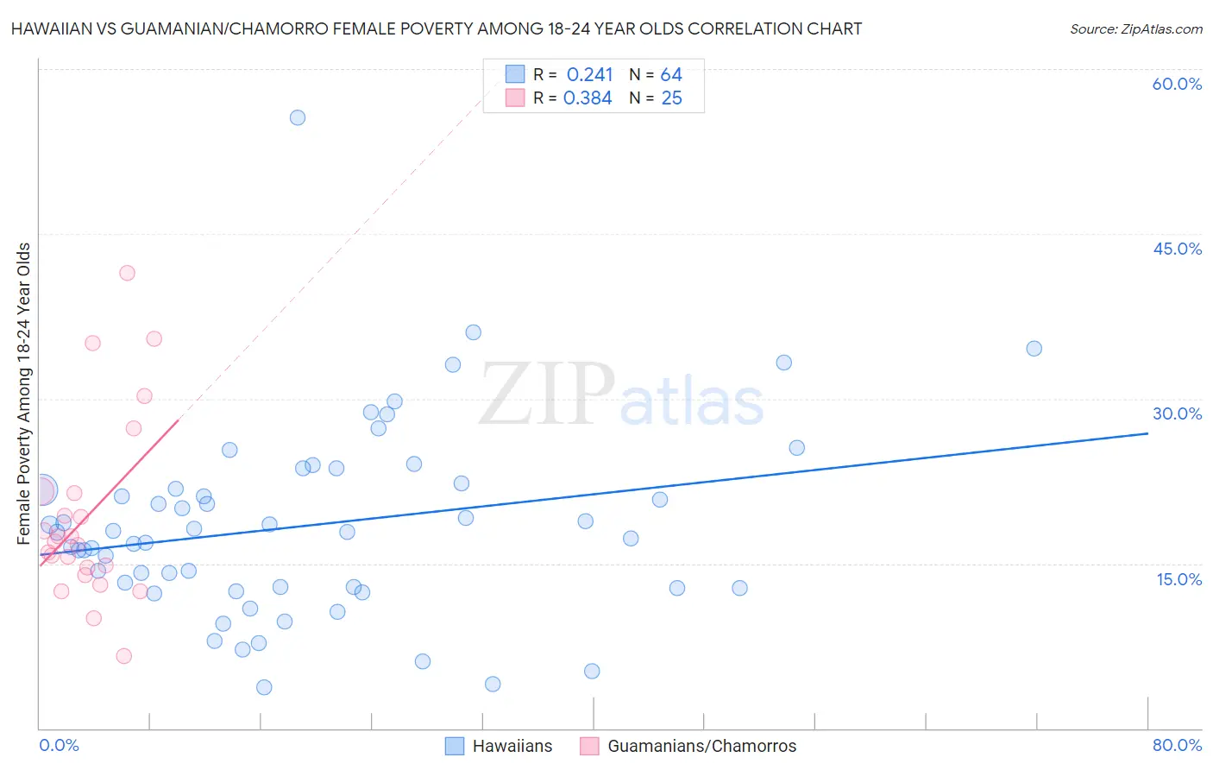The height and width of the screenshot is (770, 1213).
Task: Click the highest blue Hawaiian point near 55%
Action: [x=298, y=117]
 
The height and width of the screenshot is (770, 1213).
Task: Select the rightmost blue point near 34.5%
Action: [x=1034, y=349]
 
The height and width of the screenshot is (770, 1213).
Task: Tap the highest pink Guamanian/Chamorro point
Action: [x=127, y=273]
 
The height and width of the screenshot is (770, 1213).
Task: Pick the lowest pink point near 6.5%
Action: [x=123, y=656]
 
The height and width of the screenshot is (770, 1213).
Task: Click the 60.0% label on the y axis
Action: [x=1177, y=85]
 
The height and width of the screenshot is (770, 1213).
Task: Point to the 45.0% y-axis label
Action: [x=1177, y=249]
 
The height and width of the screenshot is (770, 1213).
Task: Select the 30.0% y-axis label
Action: [x=1177, y=413]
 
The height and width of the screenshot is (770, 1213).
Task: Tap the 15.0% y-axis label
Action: [x=1178, y=579]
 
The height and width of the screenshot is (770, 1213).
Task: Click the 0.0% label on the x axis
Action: [x=59, y=745]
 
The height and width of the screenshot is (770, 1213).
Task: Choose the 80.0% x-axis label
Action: [x=1177, y=745]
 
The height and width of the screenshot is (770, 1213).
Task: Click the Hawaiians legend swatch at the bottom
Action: [x=455, y=746]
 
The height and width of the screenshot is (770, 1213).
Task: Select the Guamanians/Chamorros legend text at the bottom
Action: [x=701, y=746]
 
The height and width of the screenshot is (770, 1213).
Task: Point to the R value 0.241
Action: [x=589, y=75]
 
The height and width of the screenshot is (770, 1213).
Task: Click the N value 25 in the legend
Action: [x=671, y=98]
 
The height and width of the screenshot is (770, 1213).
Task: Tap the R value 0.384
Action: [x=588, y=98]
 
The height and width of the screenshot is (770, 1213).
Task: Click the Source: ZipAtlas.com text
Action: [x=1135, y=29]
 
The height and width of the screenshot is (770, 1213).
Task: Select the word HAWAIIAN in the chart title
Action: [x=51, y=29]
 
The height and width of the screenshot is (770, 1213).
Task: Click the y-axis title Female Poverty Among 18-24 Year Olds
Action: [x=24, y=394]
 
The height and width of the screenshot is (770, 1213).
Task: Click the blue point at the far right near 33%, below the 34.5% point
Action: [x=783, y=363]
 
